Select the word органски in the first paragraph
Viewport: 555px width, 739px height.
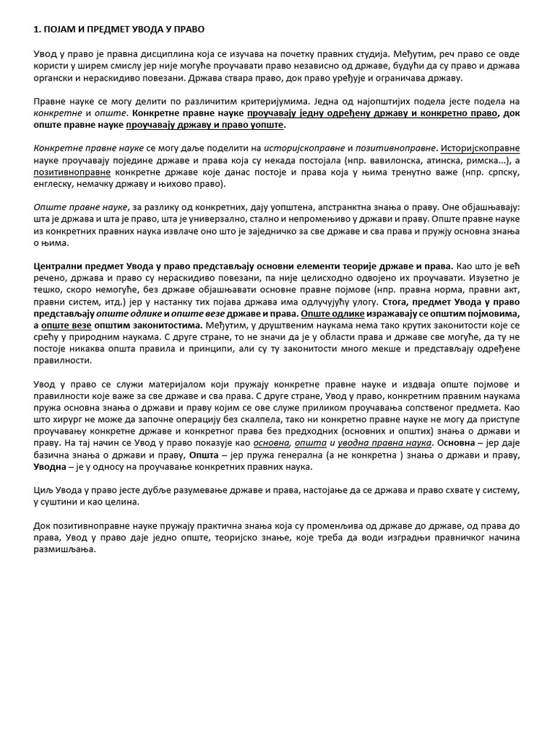point(55,78)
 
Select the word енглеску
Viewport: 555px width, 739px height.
point(58,185)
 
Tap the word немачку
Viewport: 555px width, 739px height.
point(106,185)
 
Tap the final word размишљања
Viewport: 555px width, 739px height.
point(63,549)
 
